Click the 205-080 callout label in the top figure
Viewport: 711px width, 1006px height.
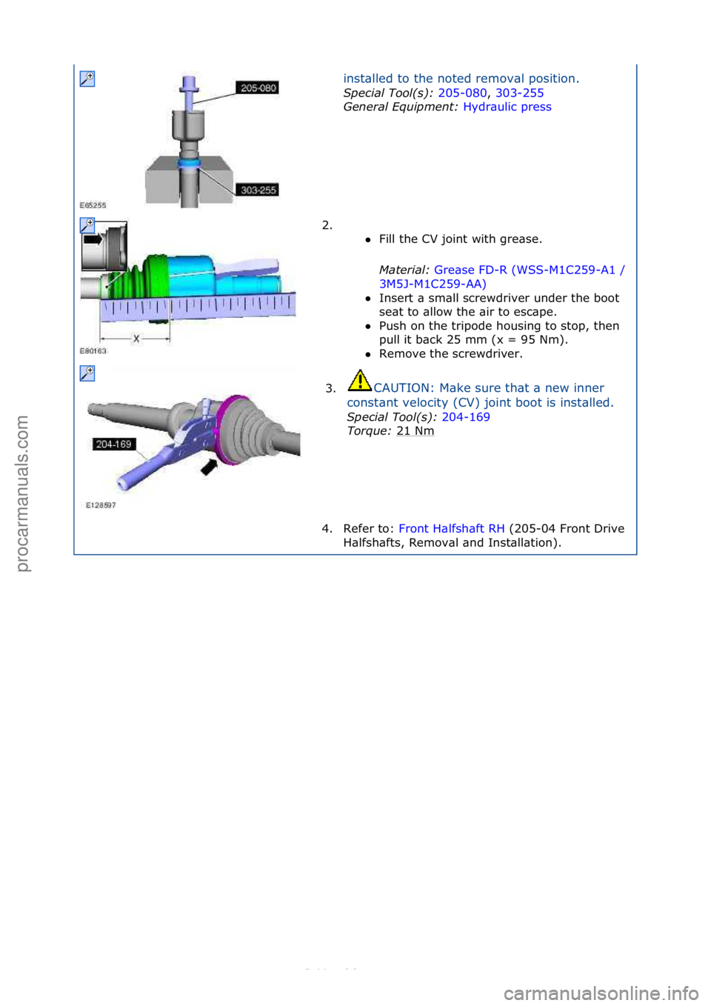(x=258, y=88)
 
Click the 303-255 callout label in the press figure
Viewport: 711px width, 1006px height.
(x=258, y=190)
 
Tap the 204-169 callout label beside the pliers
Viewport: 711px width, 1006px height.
(x=113, y=444)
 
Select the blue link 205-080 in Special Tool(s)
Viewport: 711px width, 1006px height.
(x=462, y=93)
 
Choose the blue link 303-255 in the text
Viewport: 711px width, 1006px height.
(x=519, y=93)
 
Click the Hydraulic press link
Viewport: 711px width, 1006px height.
(x=507, y=107)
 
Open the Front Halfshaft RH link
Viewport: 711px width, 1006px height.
(x=451, y=529)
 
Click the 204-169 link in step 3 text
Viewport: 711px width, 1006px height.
(x=465, y=417)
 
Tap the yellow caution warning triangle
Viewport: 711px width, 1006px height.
(x=359, y=381)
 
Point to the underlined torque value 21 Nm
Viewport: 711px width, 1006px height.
(x=415, y=431)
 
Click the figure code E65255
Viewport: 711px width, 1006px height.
(x=93, y=205)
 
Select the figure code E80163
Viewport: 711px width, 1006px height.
(x=93, y=351)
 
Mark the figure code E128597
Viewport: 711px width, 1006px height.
(x=101, y=505)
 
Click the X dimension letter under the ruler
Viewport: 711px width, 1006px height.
(x=136, y=339)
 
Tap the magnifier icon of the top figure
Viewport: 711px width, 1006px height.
(x=87, y=79)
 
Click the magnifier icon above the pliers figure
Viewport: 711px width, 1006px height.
(x=87, y=373)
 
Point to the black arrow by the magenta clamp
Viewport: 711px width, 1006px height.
(x=210, y=467)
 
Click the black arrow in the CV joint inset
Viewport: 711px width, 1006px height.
(x=93, y=239)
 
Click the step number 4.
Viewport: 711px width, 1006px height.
(x=327, y=529)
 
